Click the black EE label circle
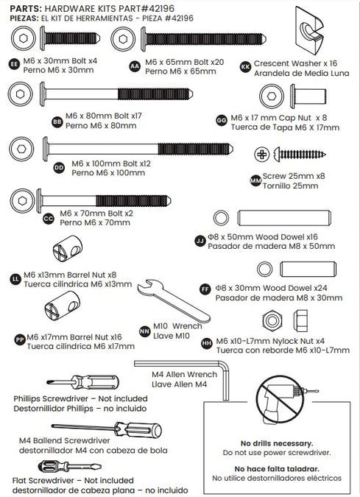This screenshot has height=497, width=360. coord(14,64)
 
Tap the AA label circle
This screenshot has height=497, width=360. coord(135,66)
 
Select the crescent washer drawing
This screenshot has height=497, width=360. coord(309,30)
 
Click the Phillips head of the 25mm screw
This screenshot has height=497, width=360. coord(262,155)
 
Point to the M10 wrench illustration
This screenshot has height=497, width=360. coord(174,301)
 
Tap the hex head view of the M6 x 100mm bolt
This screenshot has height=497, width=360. coord(21,149)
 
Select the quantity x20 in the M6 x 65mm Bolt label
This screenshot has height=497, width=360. coord(217,62)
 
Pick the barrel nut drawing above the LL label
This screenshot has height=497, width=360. coord(68,248)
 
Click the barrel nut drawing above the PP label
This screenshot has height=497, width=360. coord(62,306)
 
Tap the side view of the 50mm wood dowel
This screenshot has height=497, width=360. coord(284,218)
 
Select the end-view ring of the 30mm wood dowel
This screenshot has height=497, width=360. coord(264,269)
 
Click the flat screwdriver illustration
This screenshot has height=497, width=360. coord(69,467)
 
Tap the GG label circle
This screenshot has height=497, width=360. coord(222,121)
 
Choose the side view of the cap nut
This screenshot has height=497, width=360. coord(308,96)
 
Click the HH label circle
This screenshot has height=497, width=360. coord(207,344)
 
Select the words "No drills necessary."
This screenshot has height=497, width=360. coord(277,443)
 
